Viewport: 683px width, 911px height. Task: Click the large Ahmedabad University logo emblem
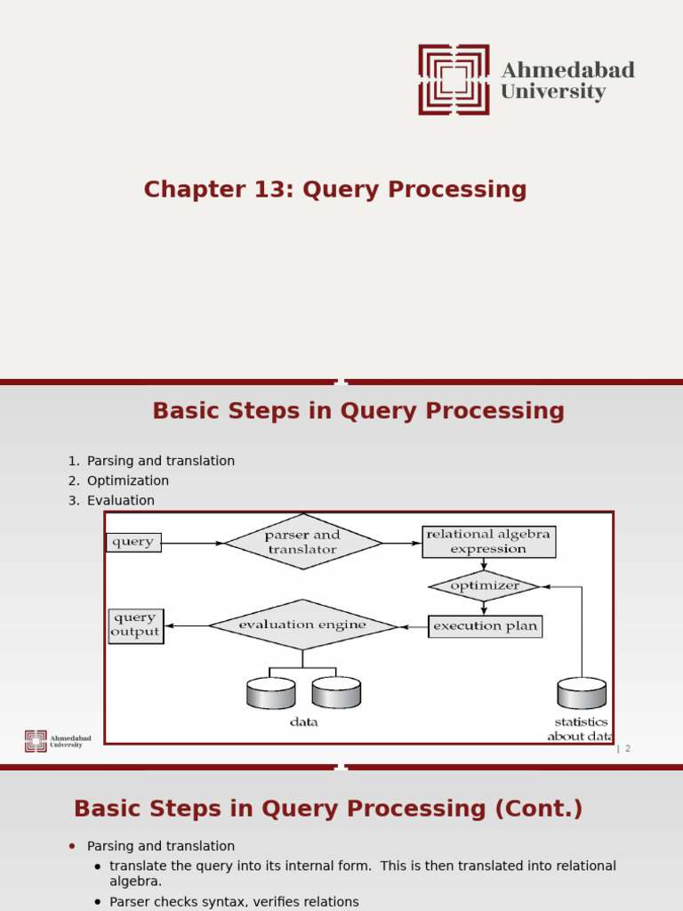(x=454, y=80)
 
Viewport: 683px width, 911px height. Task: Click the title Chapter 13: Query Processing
(x=335, y=189)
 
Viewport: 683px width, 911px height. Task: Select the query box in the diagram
(x=133, y=542)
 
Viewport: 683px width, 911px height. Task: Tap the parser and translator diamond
(x=302, y=542)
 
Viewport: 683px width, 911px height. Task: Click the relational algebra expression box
(x=488, y=542)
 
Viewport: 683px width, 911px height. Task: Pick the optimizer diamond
(x=484, y=586)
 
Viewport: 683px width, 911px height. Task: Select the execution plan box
(x=485, y=626)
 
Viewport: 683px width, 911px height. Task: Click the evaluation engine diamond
(x=302, y=625)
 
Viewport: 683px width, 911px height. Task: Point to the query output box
(x=135, y=625)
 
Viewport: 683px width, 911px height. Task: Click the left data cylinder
(x=269, y=692)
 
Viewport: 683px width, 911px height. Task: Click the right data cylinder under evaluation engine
(x=336, y=692)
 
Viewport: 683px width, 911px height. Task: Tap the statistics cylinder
(x=582, y=692)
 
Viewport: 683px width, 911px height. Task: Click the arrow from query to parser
(x=192, y=543)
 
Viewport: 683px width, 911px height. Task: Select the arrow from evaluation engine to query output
(x=186, y=626)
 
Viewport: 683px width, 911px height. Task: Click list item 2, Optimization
(x=127, y=480)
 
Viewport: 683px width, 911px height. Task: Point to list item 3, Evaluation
(x=120, y=501)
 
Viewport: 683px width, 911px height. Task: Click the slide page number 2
(x=627, y=749)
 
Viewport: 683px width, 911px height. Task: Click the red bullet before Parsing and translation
(x=72, y=846)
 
